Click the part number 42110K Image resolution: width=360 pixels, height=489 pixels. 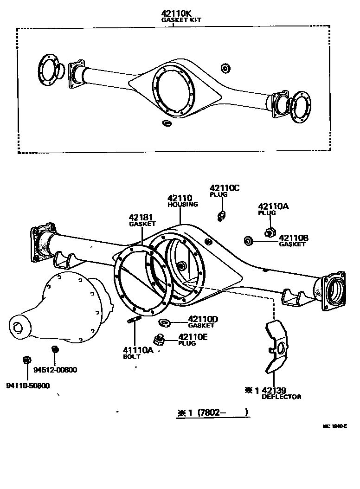pyautogui.click(x=174, y=14)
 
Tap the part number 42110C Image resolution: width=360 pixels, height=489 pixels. pyautogui.click(x=225, y=188)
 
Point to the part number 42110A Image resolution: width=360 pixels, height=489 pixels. pyautogui.click(x=273, y=206)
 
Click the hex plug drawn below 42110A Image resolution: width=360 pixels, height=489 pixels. pyautogui.click(x=270, y=231)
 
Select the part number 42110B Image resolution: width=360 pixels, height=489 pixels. pyautogui.click(x=293, y=238)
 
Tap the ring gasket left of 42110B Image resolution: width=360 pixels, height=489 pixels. pyautogui.click(x=248, y=240)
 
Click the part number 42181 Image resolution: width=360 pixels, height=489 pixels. pyautogui.click(x=141, y=217)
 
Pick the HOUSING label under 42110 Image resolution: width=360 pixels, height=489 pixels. pyautogui.click(x=183, y=204)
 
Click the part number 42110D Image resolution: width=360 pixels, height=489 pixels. pyautogui.click(x=203, y=319)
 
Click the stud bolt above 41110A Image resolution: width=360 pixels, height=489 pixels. pyautogui.click(x=134, y=320)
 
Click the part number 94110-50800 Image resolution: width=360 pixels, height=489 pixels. pyautogui.click(x=28, y=386)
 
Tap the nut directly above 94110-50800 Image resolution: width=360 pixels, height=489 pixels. pyautogui.click(x=26, y=360)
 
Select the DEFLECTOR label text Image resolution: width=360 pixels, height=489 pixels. pyautogui.click(x=282, y=397)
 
